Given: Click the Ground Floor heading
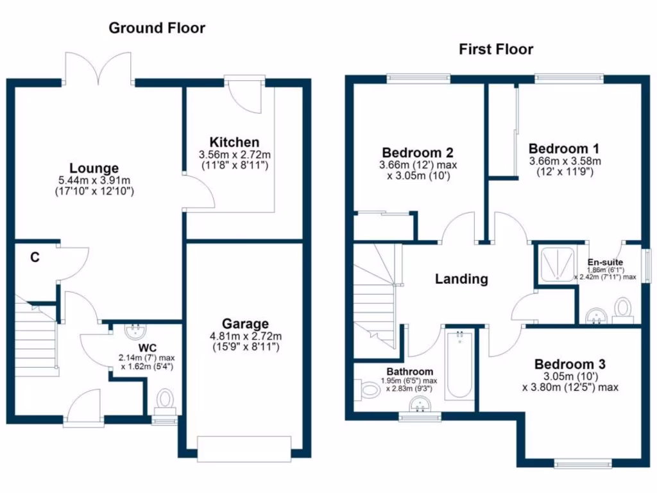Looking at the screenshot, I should pos(157,28).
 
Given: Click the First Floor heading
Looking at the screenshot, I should pos(495,49).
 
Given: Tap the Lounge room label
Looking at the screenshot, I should pos(94,169).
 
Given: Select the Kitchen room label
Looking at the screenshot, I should pos(235,142).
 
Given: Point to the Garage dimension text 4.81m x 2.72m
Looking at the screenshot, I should pos(246,336).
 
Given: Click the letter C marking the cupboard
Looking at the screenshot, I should pos(35,258).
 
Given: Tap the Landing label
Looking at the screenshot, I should pos(461,279).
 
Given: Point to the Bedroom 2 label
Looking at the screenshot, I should pos(418,153).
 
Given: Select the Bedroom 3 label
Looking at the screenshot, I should pos(570,364).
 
